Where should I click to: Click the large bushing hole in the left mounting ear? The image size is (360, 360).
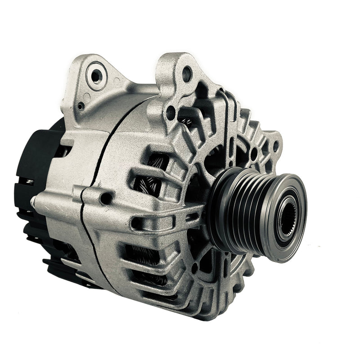pyautogui.click(x=96, y=75)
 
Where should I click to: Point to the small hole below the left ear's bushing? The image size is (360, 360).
pyautogui.click(x=81, y=106)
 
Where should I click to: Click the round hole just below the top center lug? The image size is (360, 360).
pyautogui.click(x=171, y=112)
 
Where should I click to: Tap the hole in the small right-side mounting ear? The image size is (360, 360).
pyautogui.click(x=275, y=146)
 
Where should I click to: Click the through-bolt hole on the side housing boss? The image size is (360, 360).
pyautogui.click(x=106, y=198)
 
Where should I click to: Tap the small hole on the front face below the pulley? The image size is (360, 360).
pyautogui.click(x=194, y=269)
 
